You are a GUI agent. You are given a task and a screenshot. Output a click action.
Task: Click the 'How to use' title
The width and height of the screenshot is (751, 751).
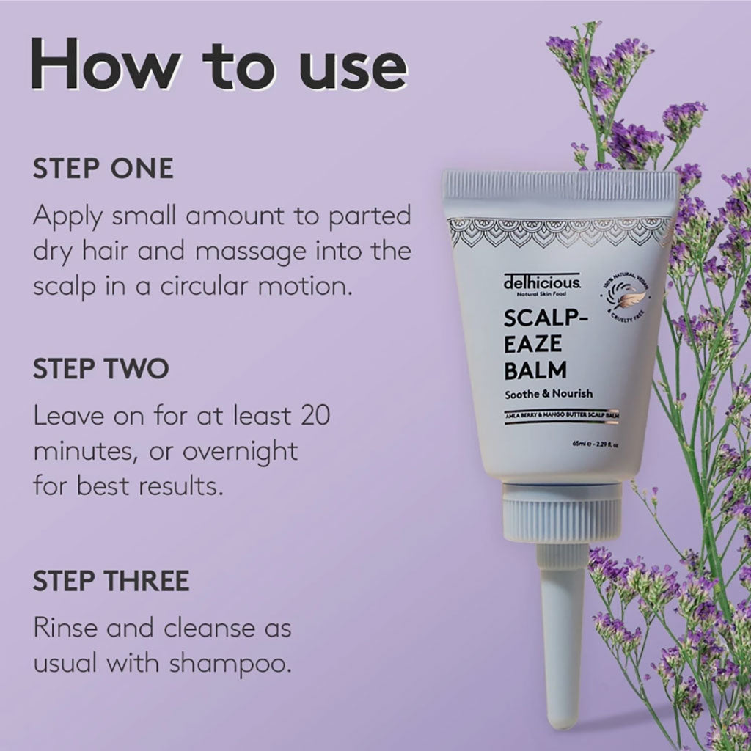click(x=219, y=67)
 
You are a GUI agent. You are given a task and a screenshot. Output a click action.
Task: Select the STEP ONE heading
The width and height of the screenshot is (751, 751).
click(x=103, y=169)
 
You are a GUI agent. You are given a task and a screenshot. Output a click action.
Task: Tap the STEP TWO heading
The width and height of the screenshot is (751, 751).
click(x=101, y=369)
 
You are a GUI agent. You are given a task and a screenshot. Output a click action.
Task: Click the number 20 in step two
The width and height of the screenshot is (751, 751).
click(x=312, y=417)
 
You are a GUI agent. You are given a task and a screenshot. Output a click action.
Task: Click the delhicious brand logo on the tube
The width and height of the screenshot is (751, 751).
click(x=542, y=282)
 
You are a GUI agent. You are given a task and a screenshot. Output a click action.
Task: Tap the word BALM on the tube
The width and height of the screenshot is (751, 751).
click(x=535, y=367)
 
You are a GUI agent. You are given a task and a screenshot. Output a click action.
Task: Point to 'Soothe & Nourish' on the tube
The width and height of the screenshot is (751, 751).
click(x=549, y=394)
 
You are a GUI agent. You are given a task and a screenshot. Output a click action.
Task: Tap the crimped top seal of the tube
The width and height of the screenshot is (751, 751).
click(x=560, y=185)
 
